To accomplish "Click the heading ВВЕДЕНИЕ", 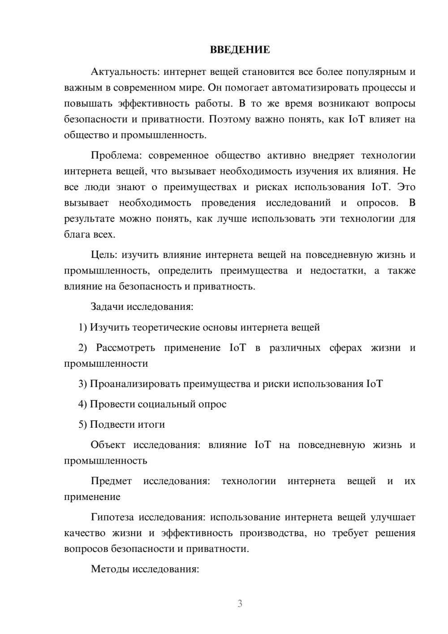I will point(240,50).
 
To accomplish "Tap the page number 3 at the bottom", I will point(240,604).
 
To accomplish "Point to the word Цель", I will point(103,255).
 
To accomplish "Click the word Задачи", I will point(108,307).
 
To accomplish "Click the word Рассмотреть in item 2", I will point(125,348).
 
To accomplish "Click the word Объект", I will point(108,445).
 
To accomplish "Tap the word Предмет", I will point(111,481).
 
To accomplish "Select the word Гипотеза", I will point(112,517).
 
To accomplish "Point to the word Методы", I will point(108,569).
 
